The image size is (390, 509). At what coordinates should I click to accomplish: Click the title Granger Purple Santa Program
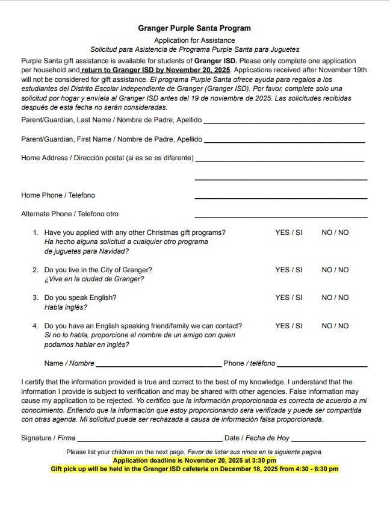[194, 28]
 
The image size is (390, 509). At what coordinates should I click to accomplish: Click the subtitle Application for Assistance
[194, 40]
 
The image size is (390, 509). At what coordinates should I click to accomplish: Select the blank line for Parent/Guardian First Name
[283, 140]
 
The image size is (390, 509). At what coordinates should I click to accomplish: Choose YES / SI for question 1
[288, 233]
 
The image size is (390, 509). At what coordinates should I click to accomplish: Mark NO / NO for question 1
[335, 233]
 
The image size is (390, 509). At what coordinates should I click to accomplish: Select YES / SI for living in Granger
[288, 270]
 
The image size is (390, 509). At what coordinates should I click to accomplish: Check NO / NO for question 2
[335, 270]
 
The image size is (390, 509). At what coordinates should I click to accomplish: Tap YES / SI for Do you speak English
[288, 298]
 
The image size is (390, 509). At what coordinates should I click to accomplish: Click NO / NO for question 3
[335, 298]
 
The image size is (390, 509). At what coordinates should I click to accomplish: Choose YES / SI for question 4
[288, 326]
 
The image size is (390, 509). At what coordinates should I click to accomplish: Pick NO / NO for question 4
[335, 326]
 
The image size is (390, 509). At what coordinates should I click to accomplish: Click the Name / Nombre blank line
[158, 364]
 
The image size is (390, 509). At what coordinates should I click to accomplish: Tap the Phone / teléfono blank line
[322, 364]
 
